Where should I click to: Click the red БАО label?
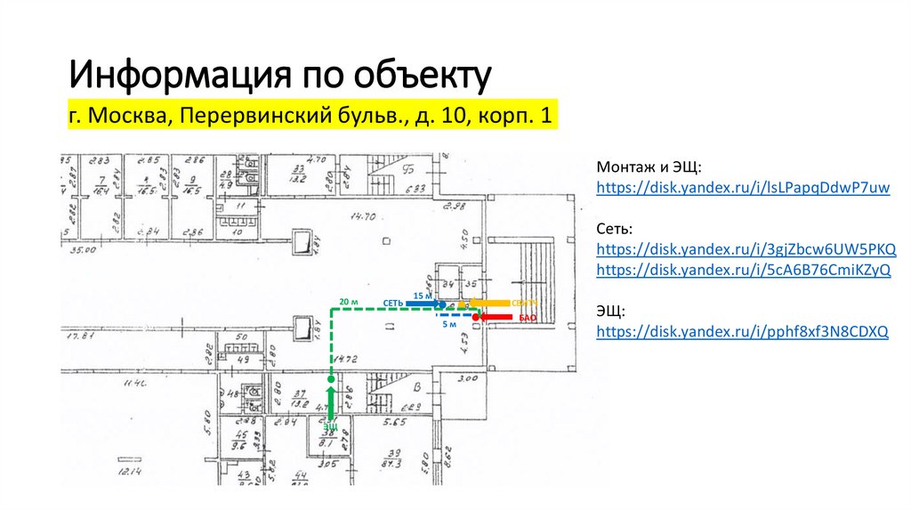[x=526, y=317]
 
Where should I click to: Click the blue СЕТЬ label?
[x=393, y=304]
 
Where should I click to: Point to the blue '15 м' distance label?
[x=423, y=295]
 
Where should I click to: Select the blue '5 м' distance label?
[x=449, y=324]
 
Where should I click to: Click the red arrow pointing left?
[x=495, y=316]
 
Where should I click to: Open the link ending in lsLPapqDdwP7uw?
[x=743, y=188]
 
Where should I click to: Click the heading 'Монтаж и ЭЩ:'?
[x=649, y=166]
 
